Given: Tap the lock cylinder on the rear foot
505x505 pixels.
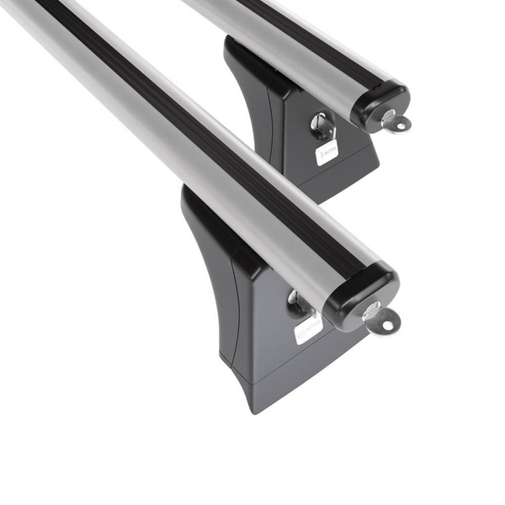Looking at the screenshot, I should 322,126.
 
